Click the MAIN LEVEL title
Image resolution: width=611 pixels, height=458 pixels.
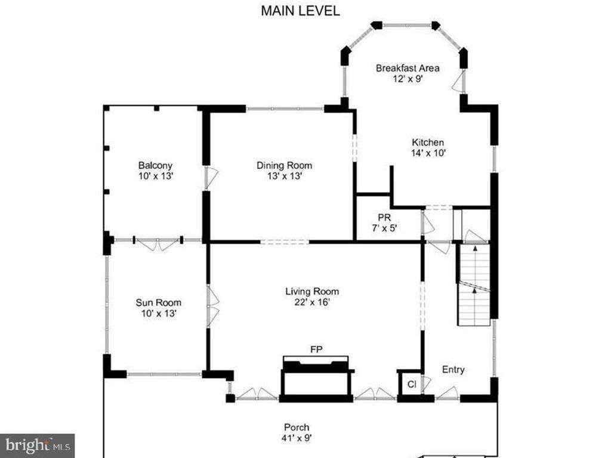(300, 11)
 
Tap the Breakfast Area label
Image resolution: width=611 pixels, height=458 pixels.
(408, 68)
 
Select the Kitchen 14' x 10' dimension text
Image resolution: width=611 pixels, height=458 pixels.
(428, 153)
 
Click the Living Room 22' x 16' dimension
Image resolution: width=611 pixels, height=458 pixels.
(311, 302)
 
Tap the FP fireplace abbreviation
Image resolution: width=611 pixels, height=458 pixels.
(316, 349)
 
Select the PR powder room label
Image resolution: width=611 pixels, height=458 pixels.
(384, 217)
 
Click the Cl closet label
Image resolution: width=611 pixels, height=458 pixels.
(411, 385)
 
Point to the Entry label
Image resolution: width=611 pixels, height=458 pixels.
(453, 370)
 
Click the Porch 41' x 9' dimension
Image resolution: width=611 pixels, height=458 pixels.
(297, 438)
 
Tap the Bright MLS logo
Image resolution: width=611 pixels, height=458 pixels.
(37, 445)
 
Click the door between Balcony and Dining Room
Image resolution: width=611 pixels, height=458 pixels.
(211, 178)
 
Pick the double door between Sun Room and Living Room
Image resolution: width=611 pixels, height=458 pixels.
(212, 306)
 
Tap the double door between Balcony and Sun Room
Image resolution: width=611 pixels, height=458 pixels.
(158, 243)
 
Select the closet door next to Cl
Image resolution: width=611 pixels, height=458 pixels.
(425, 385)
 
